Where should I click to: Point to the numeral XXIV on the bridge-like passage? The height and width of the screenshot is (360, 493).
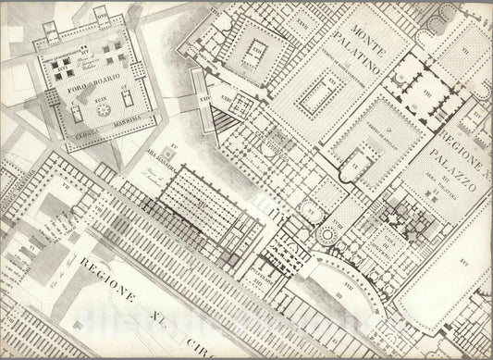pyautogui.click(x=205, y=93)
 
